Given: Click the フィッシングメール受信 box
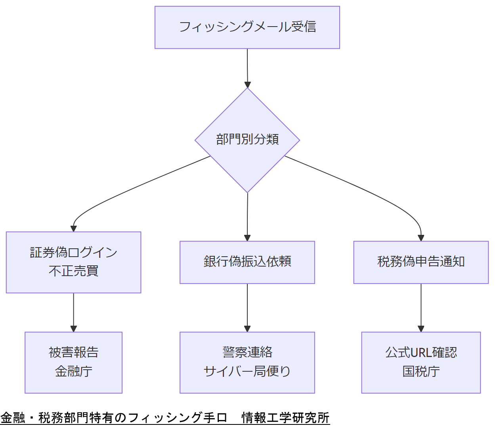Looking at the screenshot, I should point(247,27).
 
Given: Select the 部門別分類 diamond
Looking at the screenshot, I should point(247,140).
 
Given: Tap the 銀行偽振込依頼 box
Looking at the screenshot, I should point(247,262).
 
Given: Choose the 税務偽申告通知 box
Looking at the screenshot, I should point(421,262).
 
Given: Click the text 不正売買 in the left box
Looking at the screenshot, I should point(73,271).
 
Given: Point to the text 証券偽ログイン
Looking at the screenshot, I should point(73,253).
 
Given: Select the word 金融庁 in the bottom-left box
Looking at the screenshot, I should point(73,372).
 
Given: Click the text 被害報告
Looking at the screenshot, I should point(73,353).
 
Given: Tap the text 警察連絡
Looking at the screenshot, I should point(247,353).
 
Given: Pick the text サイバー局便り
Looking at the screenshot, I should point(247,372).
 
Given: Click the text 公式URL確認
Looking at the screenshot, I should point(421,353).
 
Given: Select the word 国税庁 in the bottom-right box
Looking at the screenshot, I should point(421,372).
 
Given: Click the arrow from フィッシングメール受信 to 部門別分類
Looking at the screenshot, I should point(247,67).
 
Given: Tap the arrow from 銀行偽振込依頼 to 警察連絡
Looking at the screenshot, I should point(247,307).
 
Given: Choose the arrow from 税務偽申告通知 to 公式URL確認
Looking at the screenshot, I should point(421,307).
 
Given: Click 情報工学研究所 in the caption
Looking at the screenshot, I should point(285,418).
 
